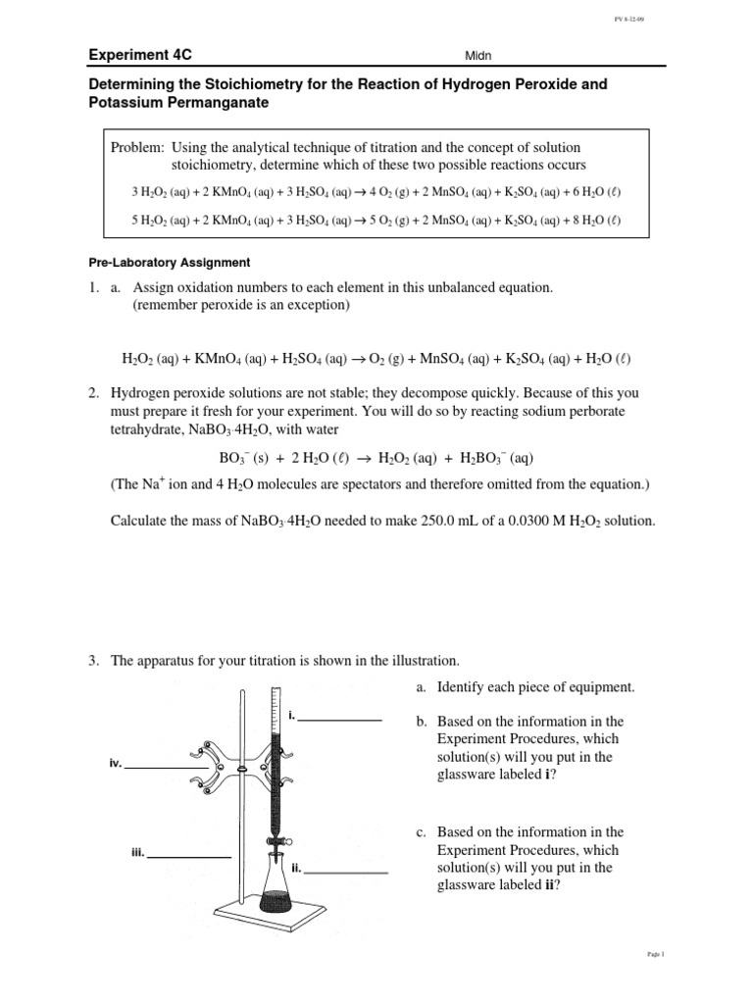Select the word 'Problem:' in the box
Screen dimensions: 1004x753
tap(137, 147)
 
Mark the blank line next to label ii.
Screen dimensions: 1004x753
tap(349, 872)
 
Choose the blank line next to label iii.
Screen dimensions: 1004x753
tap(189, 857)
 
